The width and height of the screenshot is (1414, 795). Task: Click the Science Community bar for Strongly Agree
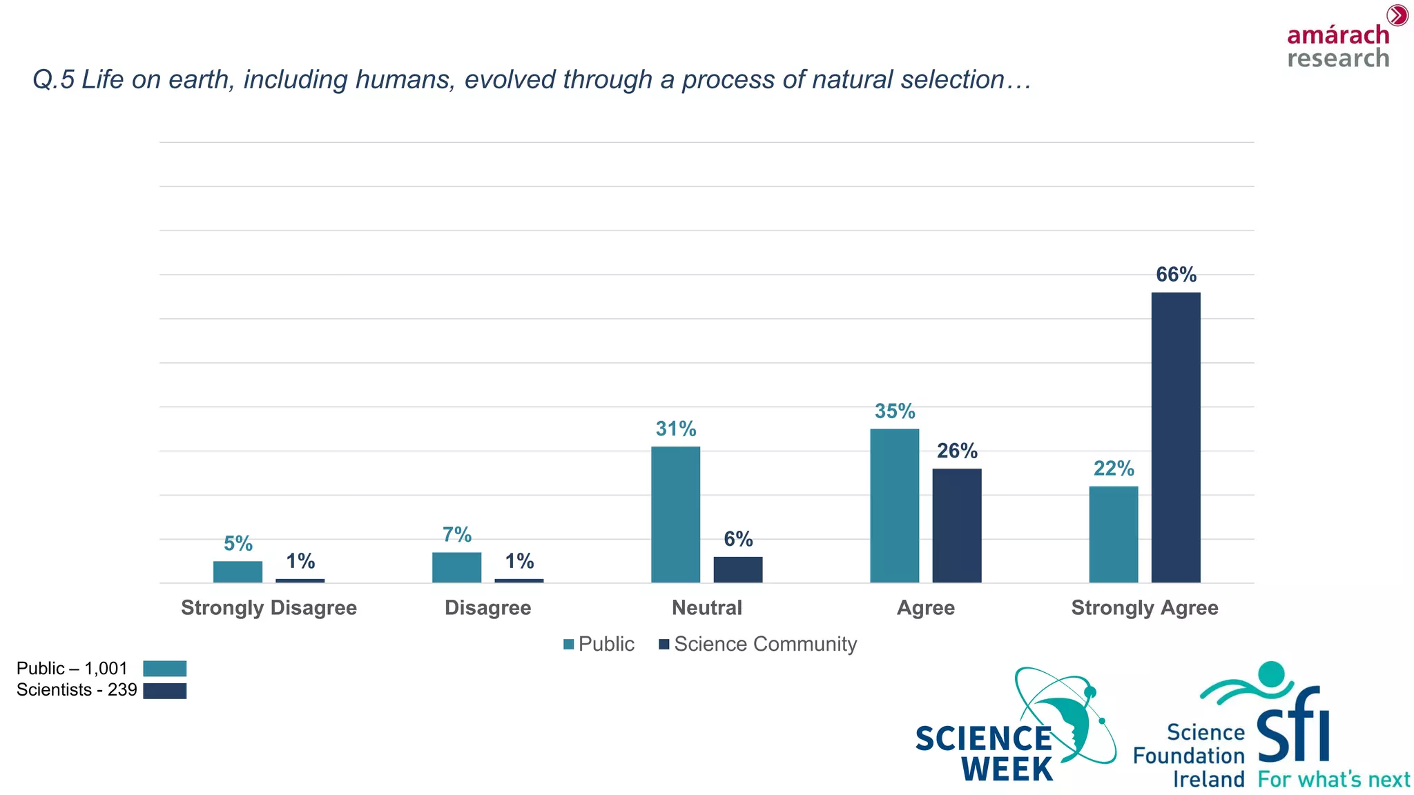1175,438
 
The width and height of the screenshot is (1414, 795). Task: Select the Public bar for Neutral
675,515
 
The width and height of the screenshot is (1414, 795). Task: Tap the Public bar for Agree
894,506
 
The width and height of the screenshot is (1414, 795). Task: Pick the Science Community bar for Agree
956,526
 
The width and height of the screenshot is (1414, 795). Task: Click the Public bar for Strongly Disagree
238,572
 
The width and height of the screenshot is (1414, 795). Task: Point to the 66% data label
1176,275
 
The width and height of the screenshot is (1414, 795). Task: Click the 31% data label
675,429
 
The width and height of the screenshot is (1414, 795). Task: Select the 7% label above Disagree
456,535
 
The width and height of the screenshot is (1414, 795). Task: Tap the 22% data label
1113,469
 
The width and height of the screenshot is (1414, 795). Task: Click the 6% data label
737,539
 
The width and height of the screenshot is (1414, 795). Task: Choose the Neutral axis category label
706,608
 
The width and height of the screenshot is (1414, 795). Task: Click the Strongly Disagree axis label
269,608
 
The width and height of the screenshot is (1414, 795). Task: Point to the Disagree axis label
487,608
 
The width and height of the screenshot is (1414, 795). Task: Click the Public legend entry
599,644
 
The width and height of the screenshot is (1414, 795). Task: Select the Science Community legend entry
757,644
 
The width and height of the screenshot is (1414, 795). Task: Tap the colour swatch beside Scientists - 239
164,691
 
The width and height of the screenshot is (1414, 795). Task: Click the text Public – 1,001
72,668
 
